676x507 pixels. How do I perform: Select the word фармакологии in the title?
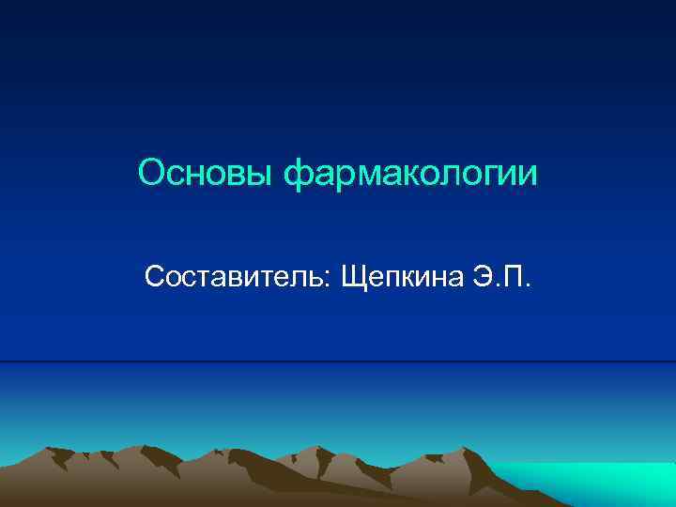[x=412, y=175]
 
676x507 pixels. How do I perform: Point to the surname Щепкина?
[x=399, y=278]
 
